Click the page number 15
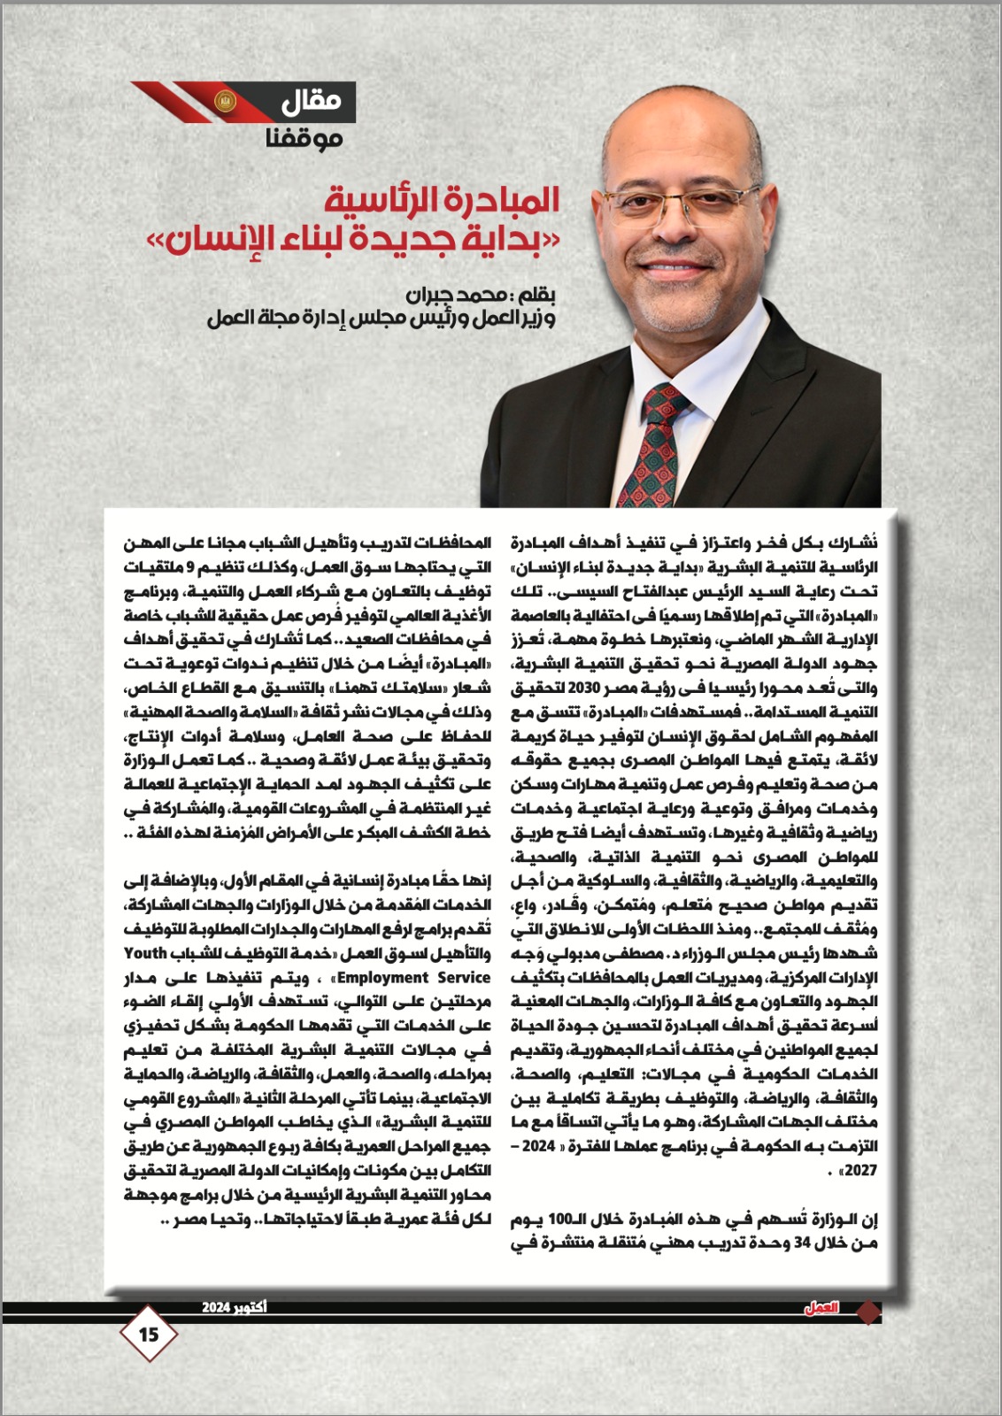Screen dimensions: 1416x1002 click(x=149, y=1333)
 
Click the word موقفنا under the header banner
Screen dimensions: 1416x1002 click(x=304, y=138)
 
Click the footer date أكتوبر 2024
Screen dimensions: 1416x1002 click(x=234, y=1307)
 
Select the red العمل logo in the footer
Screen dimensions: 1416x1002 click(x=821, y=1308)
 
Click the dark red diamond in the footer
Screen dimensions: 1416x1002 click(x=870, y=1311)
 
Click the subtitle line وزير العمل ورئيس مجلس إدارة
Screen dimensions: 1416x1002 click(x=381, y=319)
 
